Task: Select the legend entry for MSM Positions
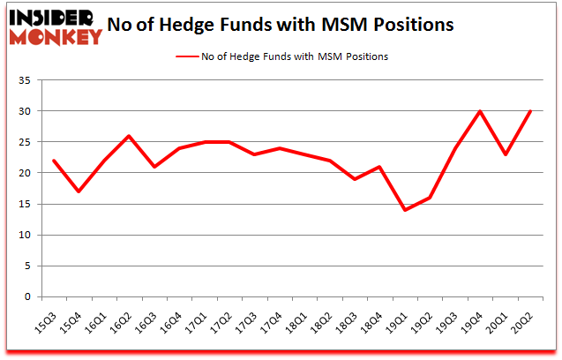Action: tap(281, 56)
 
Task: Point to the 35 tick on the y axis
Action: tap(24, 81)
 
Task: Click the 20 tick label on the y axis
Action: tap(24, 174)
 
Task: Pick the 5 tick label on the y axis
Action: tap(26, 266)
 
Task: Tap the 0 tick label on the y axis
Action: tap(26, 297)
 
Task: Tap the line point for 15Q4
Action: tap(79, 191)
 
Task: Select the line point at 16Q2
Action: tap(130, 136)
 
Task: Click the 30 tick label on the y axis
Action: tap(24, 112)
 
